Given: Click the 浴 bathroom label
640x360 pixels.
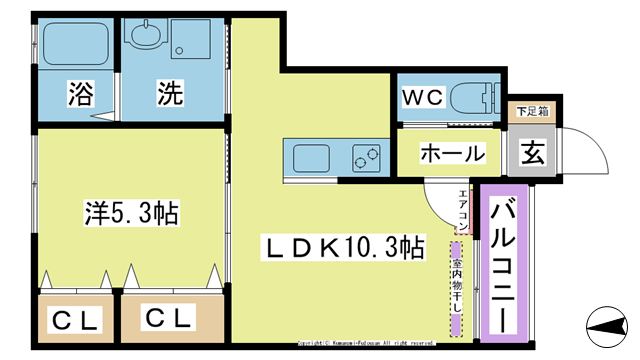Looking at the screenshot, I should point(79,95).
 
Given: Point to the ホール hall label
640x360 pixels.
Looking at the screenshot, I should point(452,154).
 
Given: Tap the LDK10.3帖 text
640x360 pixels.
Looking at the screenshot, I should point(341,246).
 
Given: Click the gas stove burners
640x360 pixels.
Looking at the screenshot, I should point(366,157).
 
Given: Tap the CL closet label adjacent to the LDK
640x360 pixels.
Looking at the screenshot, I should point(168,319).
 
